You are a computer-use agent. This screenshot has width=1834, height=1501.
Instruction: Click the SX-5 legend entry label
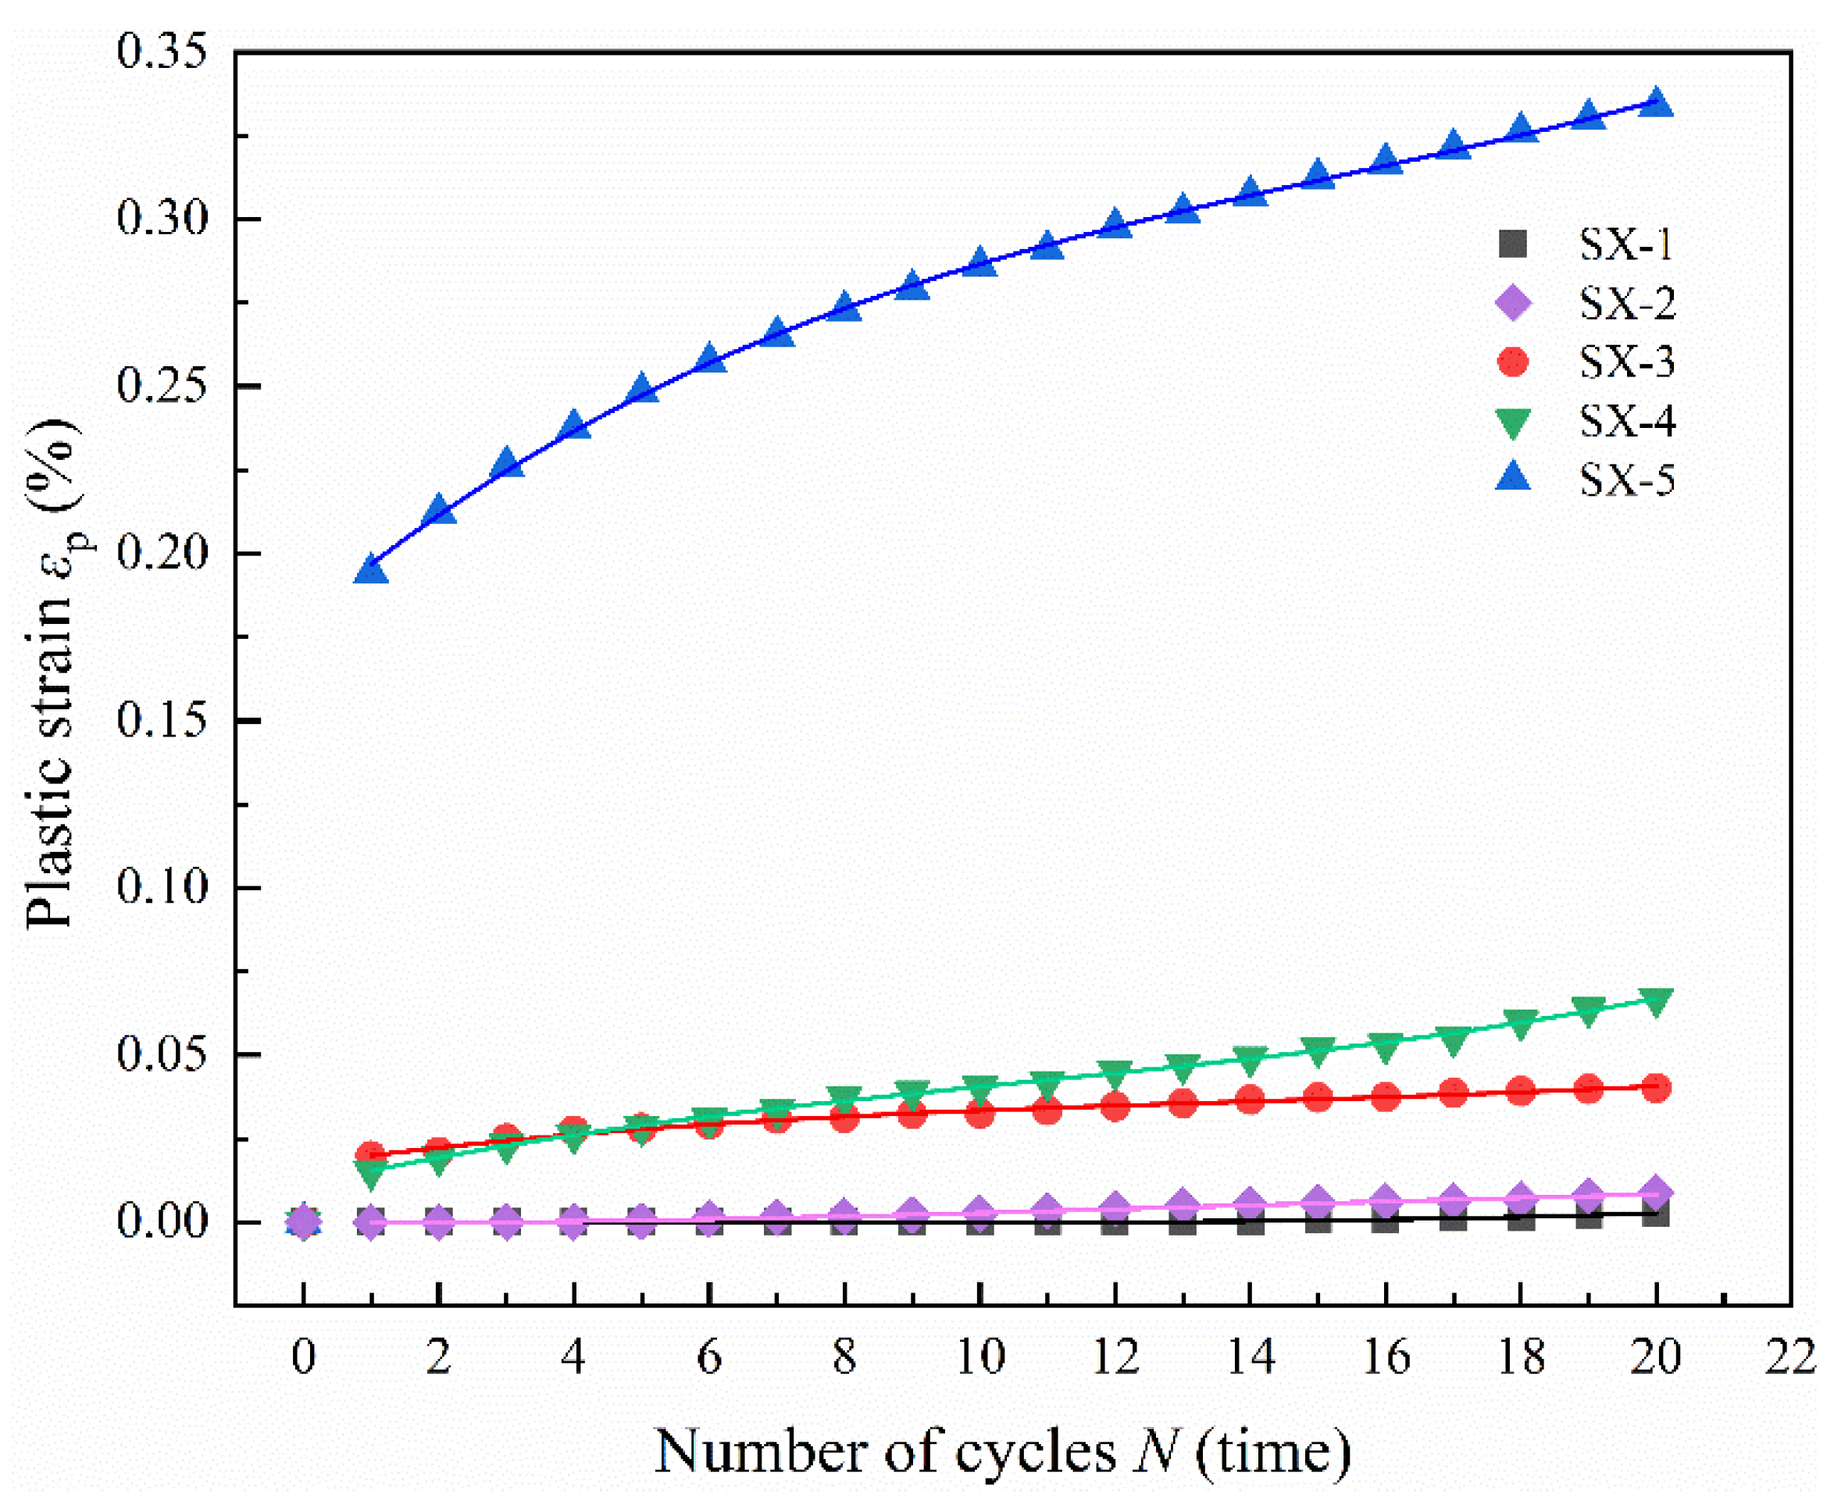(x=1626, y=480)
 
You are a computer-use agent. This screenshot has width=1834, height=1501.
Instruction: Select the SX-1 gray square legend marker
(x=1512, y=244)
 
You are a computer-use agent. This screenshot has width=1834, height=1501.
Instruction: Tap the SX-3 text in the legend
(x=1626, y=362)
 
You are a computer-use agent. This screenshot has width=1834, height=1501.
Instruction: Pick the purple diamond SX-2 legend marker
(x=1512, y=303)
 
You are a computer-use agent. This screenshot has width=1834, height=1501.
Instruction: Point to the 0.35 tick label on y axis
(x=162, y=52)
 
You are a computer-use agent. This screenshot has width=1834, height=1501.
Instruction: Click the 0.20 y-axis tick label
(x=162, y=554)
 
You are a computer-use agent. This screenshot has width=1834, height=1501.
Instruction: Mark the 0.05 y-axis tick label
(x=162, y=1055)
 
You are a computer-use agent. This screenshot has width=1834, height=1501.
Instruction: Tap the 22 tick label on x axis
(x=1790, y=1357)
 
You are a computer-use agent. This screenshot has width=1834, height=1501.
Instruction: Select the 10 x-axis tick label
(x=979, y=1357)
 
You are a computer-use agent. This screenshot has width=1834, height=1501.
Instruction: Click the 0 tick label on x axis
(x=302, y=1357)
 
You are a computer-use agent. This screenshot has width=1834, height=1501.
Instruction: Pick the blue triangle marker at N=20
(x=1656, y=103)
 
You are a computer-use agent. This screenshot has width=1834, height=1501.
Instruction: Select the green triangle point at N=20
(x=1656, y=1002)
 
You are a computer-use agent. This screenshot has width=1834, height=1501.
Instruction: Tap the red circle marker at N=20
(x=1656, y=1088)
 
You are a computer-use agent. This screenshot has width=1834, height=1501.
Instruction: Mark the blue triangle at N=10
(x=979, y=262)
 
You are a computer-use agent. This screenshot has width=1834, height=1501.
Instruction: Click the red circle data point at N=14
(x=1251, y=1100)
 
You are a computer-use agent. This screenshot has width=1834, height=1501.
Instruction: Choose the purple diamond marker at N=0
(x=302, y=1221)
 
